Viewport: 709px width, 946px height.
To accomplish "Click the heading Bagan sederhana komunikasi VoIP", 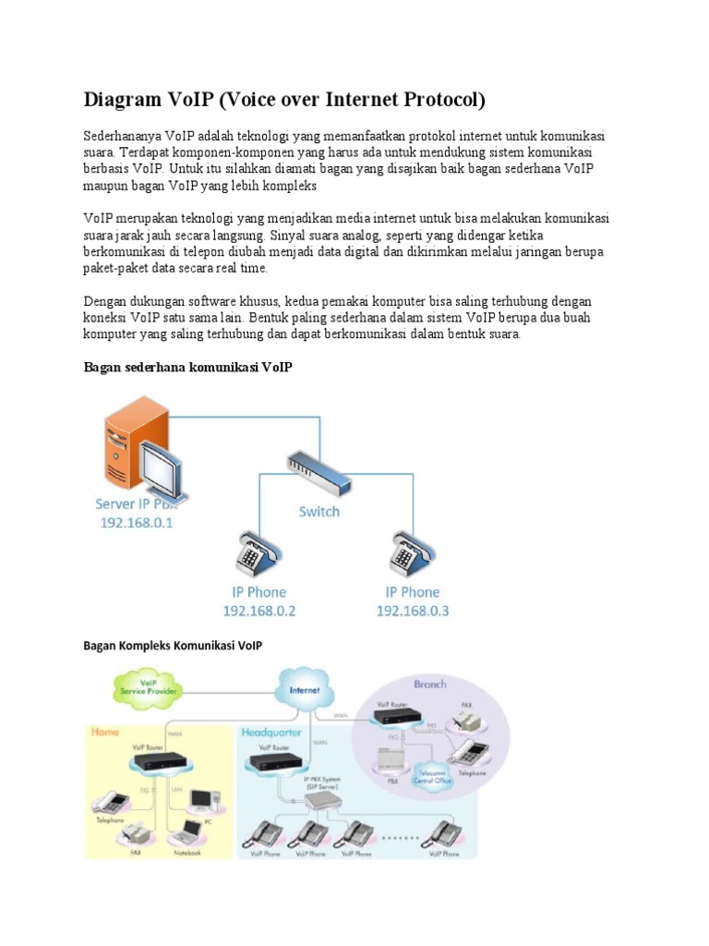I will point(187,368).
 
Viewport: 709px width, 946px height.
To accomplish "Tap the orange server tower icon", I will point(128,443).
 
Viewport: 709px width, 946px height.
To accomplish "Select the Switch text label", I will point(318,511).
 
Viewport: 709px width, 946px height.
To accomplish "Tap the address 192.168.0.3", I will point(413,611).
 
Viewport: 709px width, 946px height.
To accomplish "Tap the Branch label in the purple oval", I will point(429,685).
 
